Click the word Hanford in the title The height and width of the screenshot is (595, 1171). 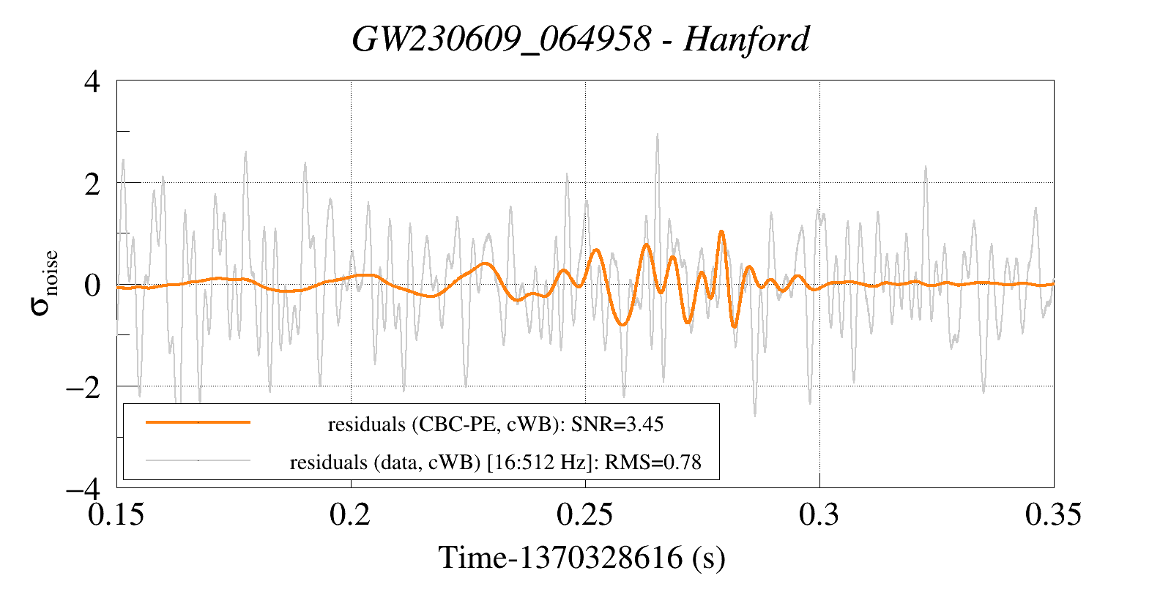[x=746, y=40]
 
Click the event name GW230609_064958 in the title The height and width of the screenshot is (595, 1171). [x=502, y=40]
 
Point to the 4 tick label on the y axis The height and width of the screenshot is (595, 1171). [x=92, y=82]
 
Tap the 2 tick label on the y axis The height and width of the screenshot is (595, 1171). [x=92, y=184]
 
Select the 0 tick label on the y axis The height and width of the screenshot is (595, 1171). [x=92, y=285]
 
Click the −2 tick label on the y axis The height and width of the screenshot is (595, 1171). [x=83, y=388]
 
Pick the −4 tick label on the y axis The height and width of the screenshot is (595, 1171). [x=83, y=490]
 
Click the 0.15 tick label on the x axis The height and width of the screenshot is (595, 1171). [x=116, y=514]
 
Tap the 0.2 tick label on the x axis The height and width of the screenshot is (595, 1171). [x=350, y=514]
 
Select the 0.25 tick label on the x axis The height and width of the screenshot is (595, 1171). [x=584, y=514]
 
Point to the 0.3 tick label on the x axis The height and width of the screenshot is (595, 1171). [x=819, y=514]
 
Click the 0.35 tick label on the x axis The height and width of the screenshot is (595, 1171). [x=1053, y=514]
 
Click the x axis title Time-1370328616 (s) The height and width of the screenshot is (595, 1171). [x=582, y=558]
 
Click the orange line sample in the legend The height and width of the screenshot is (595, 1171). [x=198, y=422]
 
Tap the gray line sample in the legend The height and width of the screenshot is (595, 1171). [x=198, y=460]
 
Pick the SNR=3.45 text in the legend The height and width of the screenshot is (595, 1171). [x=617, y=424]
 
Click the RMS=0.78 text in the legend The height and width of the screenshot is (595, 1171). [x=653, y=463]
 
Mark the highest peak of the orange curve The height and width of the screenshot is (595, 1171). [x=721, y=231]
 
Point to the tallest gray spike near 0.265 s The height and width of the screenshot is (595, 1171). [x=657, y=134]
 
